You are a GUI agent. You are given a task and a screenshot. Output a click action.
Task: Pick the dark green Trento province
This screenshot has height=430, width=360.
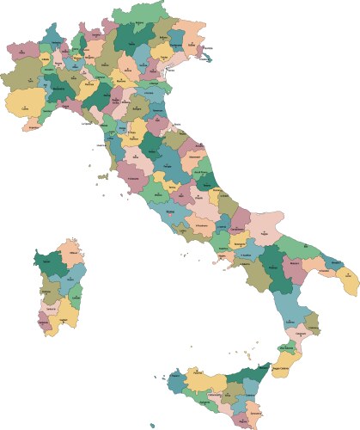coord(129,39)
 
